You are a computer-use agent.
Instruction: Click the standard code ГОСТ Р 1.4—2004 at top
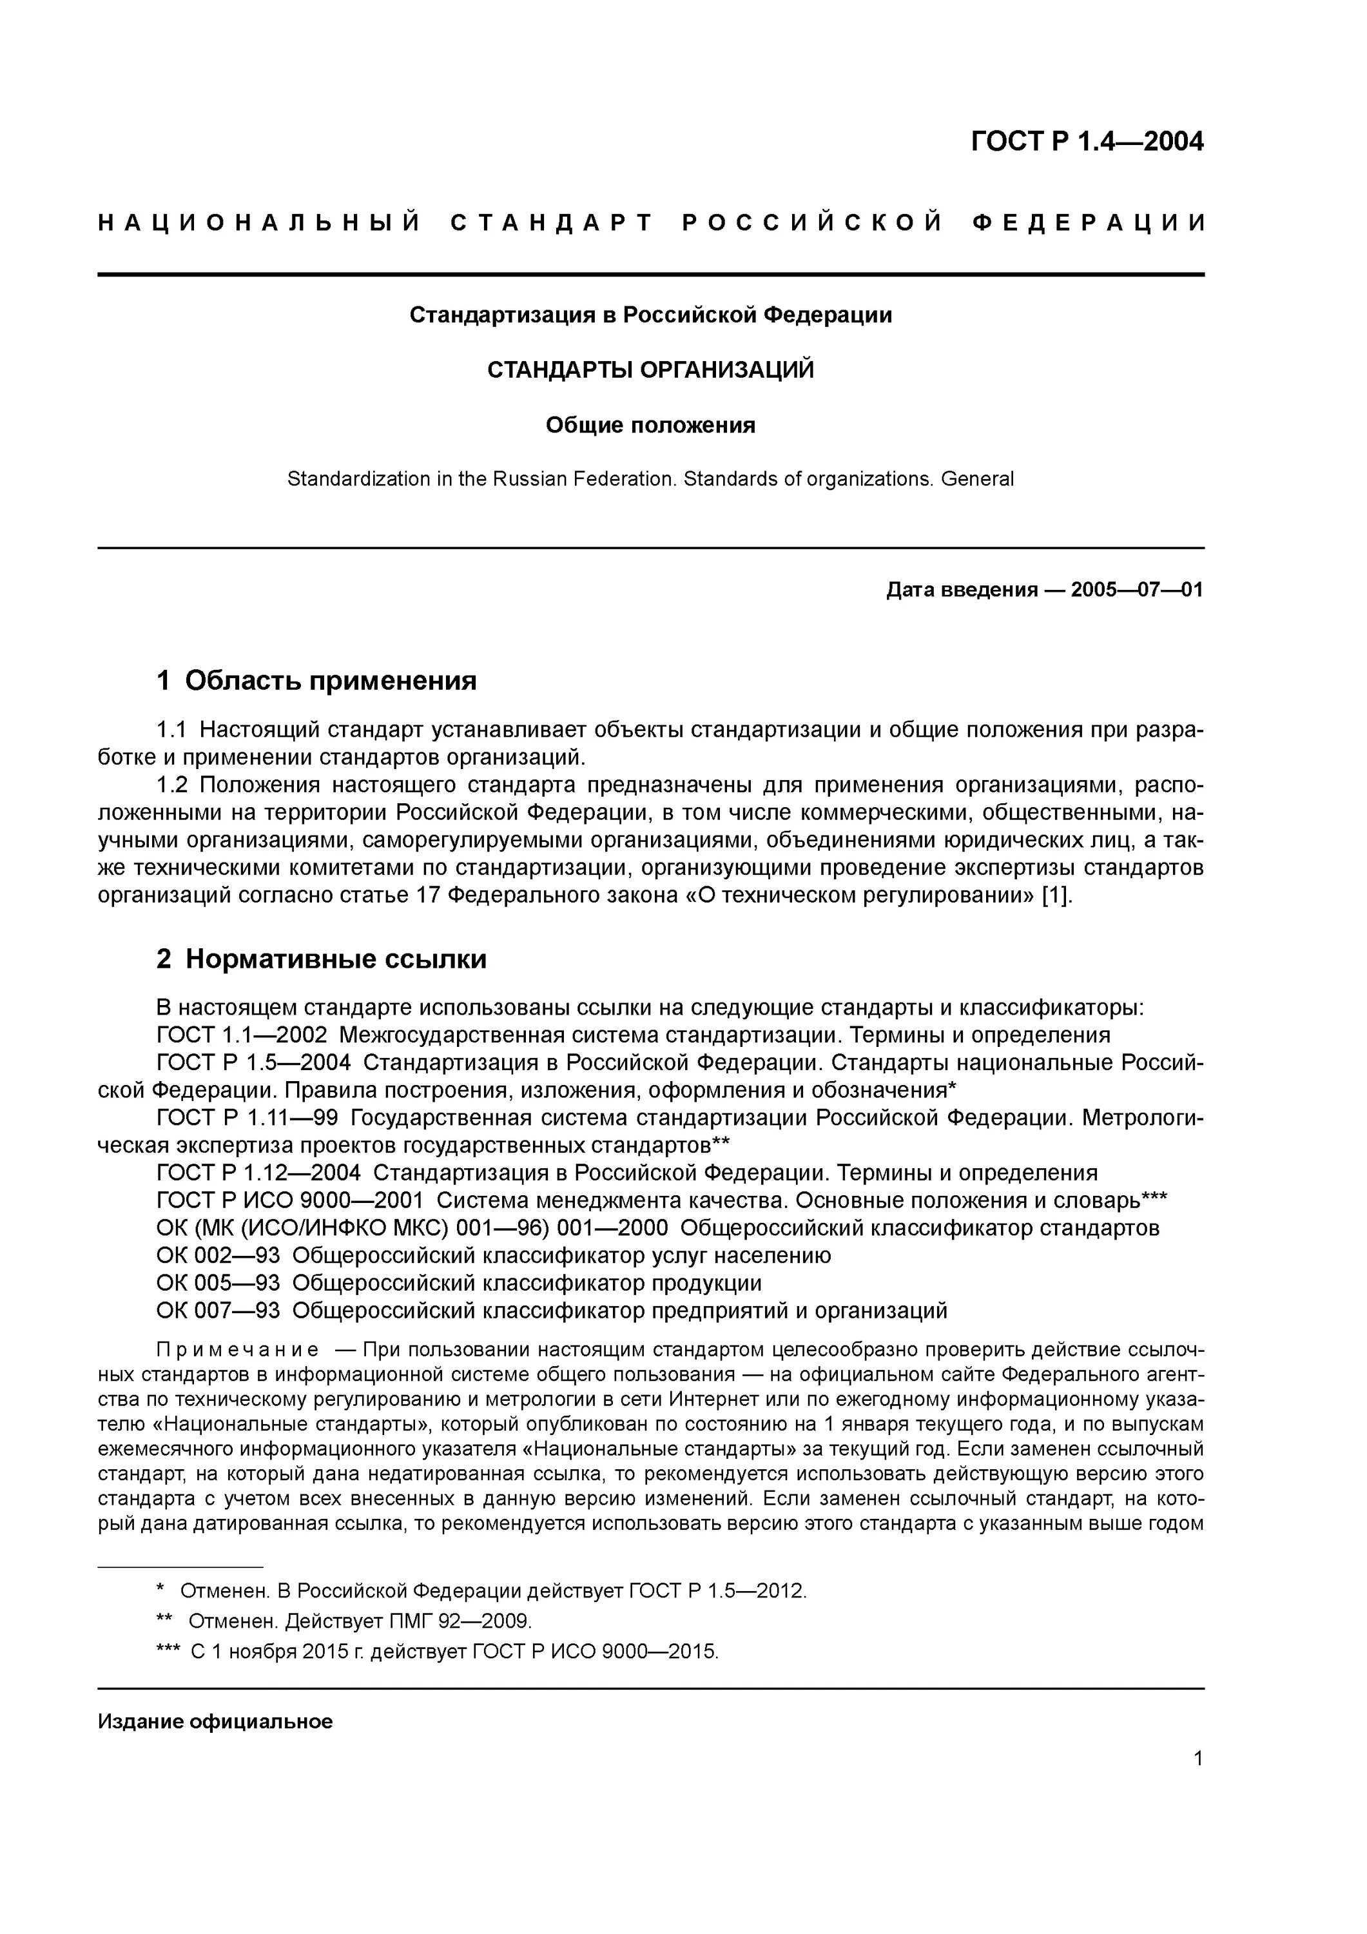tap(1087, 142)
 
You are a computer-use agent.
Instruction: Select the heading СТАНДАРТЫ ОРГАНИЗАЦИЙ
tap(650, 370)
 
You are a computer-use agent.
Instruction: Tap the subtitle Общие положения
tap(650, 425)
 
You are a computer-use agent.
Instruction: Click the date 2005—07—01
tap(1136, 590)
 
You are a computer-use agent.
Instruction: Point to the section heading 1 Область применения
tap(316, 681)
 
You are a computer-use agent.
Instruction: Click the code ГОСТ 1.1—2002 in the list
tap(241, 1035)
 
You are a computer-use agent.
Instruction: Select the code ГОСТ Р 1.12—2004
tap(258, 1173)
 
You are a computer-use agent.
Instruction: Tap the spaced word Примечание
tap(238, 1351)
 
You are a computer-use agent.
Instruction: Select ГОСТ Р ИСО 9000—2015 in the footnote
tap(595, 1652)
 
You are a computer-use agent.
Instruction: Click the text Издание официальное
tap(216, 1721)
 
